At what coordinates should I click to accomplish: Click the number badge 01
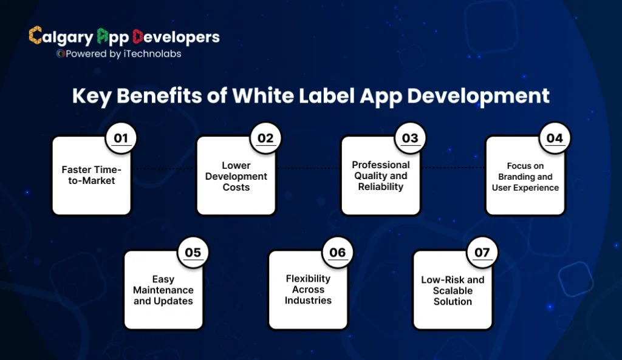point(121,138)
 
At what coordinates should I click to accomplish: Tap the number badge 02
point(265,138)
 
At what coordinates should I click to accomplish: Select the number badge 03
point(410,138)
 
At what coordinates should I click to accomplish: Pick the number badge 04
point(555,138)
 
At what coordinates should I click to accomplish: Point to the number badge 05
point(193,253)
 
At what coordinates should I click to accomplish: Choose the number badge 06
point(337,253)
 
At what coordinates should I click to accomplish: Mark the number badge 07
point(482,253)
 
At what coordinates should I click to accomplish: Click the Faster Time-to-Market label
point(92,175)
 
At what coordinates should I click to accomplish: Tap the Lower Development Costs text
point(236,176)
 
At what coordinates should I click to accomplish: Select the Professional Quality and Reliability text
point(381,176)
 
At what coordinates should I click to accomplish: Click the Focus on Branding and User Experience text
point(525,177)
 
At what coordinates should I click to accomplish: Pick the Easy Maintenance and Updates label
point(163,290)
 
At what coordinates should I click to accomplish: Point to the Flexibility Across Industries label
point(308,290)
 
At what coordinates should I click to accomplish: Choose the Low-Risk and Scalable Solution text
point(453,291)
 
